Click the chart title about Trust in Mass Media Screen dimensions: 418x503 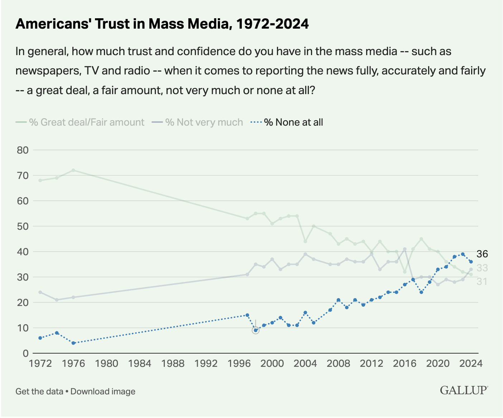(x=162, y=24)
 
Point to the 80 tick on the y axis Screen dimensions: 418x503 (x=23, y=150)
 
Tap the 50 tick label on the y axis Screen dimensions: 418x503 (x=23, y=226)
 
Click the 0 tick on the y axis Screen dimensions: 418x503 (x=25, y=353)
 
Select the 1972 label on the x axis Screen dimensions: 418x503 (x=40, y=364)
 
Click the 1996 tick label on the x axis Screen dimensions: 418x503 (x=239, y=364)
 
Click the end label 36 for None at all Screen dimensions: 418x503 (x=482, y=254)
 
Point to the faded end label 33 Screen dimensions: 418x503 (x=482, y=268)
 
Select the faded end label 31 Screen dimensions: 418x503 (x=482, y=282)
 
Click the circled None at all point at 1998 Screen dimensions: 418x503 (x=255, y=330)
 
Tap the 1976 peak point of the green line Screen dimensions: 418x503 (x=73, y=170)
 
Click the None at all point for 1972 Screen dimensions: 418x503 (x=40, y=338)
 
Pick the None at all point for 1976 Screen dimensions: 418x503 (x=73, y=343)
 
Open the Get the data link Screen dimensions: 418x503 (x=39, y=391)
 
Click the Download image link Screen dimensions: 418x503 (x=103, y=391)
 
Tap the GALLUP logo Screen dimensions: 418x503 (x=464, y=390)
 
